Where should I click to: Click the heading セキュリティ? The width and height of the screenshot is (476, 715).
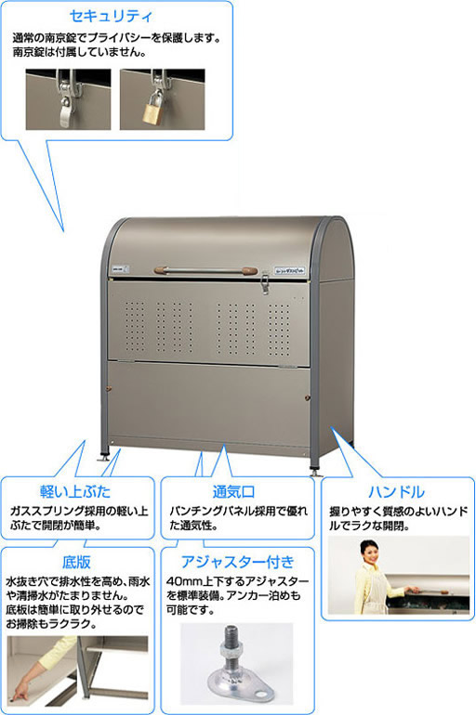coord(112,16)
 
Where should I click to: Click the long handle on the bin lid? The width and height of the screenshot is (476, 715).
coord(205,270)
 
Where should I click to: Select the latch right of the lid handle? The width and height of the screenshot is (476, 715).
coord(264,281)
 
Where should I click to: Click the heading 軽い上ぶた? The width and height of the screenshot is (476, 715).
coord(75,491)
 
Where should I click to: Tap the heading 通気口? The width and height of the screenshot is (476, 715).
coord(233,491)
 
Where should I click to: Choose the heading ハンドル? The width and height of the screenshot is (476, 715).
coord(396,491)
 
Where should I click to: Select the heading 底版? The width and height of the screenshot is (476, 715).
coord(75,562)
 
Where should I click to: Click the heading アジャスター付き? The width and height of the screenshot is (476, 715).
coord(237,562)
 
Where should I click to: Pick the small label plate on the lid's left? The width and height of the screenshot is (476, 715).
coord(118,270)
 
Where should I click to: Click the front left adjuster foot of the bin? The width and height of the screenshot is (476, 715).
coord(103,456)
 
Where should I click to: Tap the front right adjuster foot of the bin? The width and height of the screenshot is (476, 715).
coord(315,471)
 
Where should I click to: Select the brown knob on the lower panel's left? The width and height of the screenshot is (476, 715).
coord(109,389)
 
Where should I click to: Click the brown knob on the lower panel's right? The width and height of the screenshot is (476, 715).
coord(308,398)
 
